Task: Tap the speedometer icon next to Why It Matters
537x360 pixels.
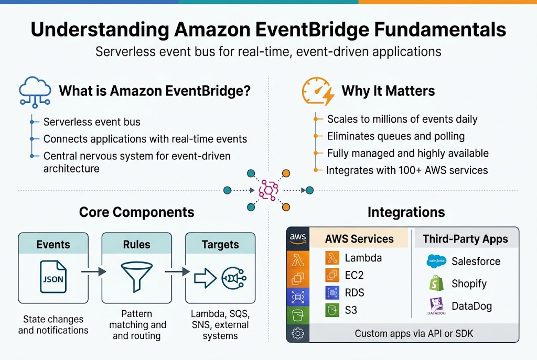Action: click(x=317, y=91)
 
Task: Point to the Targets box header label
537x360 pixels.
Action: click(x=220, y=244)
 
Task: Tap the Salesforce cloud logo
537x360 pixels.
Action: click(x=436, y=261)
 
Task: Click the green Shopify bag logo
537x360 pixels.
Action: click(x=436, y=283)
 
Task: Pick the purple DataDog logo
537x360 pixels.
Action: click(x=436, y=306)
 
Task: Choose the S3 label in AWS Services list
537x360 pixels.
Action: click(x=351, y=310)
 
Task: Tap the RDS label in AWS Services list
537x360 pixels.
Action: click(x=355, y=292)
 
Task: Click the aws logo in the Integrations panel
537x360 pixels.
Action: click(x=297, y=237)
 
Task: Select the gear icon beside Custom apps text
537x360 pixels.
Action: click(x=297, y=333)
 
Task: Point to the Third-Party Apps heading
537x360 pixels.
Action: click(x=465, y=239)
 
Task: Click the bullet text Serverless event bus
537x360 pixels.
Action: click(x=92, y=122)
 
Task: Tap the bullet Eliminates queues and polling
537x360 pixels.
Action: click(x=396, y=136)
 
